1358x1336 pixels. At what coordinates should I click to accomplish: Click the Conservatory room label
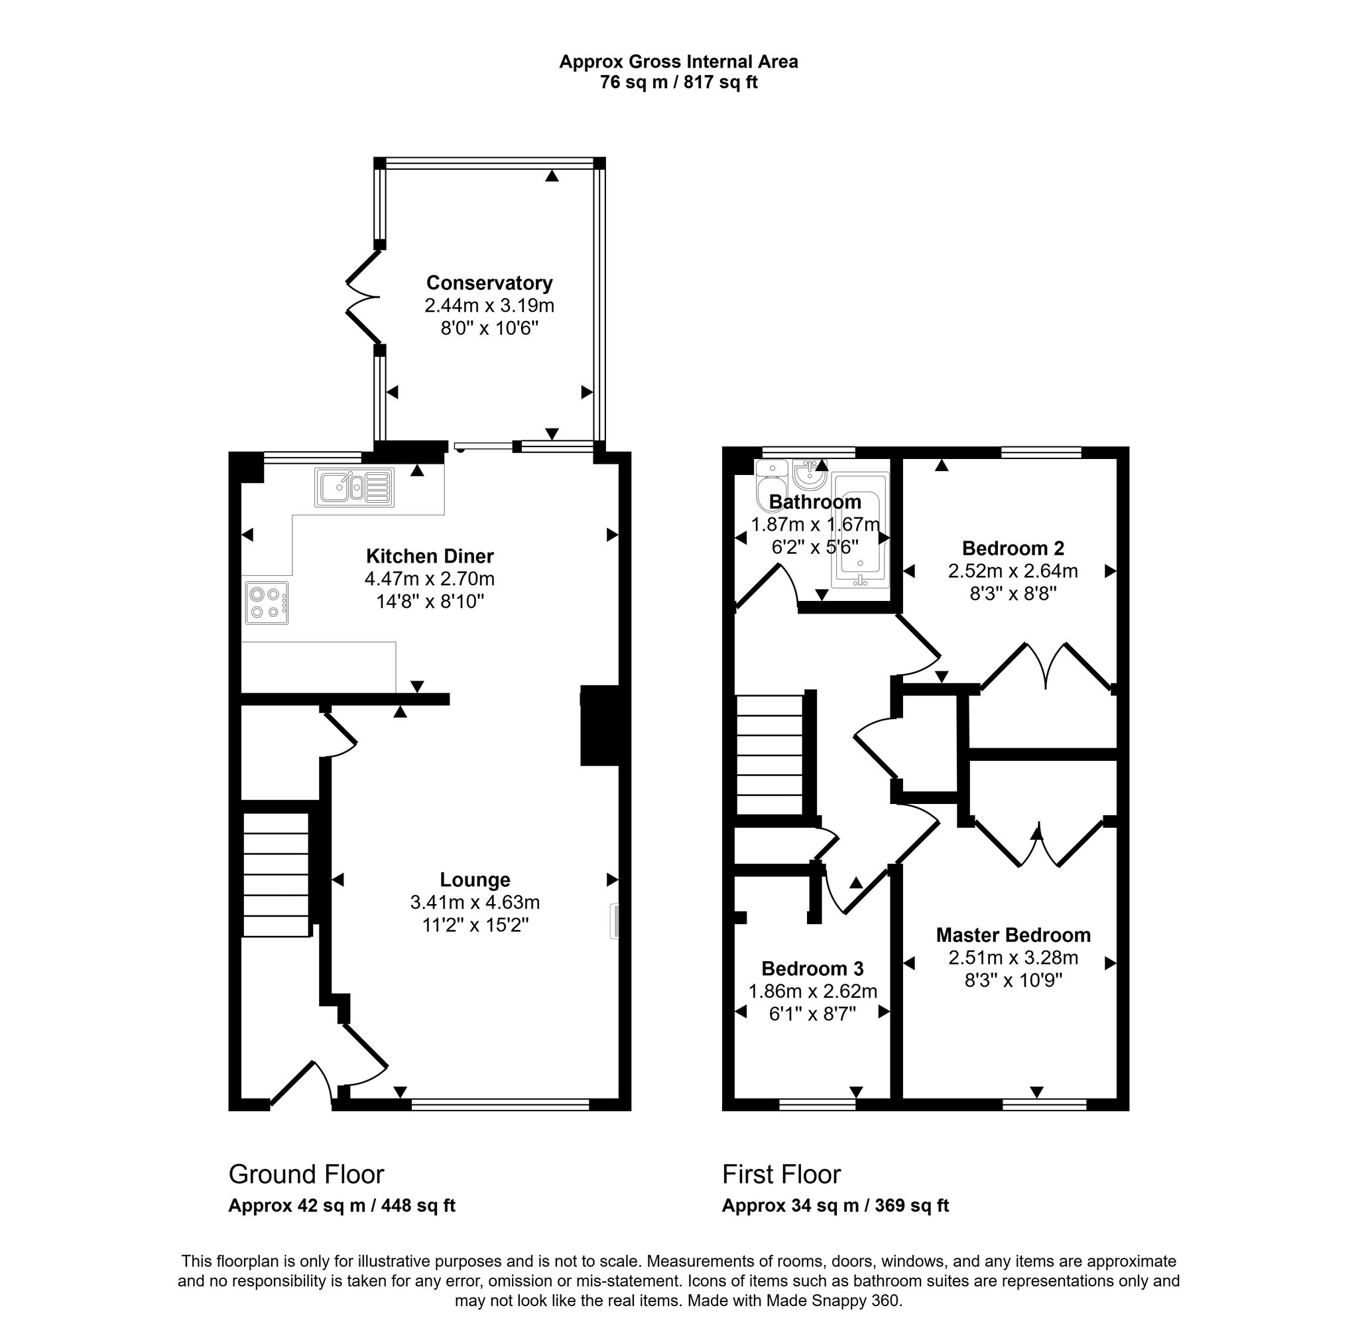click(x=489, y=283)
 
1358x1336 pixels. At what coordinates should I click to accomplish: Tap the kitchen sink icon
click(x=354, y=487)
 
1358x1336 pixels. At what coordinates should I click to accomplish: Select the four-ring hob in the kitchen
click(x=267, y=603)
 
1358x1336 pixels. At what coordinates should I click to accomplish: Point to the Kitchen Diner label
click(x=429, y=557)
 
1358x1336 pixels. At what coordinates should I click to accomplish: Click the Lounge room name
click(x=475, y=880)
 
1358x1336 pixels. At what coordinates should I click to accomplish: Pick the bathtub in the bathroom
click(x=860, y=530)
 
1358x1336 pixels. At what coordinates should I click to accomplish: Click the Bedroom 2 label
click(x=1013, y=548)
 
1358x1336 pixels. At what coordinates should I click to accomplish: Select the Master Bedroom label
click(x=1013, y=935)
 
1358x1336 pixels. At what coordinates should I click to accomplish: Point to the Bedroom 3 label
click(x=812, y=969)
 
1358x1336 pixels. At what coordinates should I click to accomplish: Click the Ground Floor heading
click(x=306, y=1175)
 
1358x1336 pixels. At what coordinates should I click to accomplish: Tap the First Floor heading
click(x=781, y=1175)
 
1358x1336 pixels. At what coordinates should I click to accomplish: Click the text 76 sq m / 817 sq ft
click(x=678, y=83)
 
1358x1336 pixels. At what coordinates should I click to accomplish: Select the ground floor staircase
click(x=277, y=874)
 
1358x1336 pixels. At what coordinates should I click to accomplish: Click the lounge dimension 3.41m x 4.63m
click(x=475, y=902)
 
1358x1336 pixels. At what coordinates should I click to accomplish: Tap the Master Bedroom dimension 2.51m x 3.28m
click(x=1013, y=958)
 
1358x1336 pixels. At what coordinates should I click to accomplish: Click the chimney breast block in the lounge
click(x=599, y=726)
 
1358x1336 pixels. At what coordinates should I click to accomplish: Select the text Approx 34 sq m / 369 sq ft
click(x=835, y=1205)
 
